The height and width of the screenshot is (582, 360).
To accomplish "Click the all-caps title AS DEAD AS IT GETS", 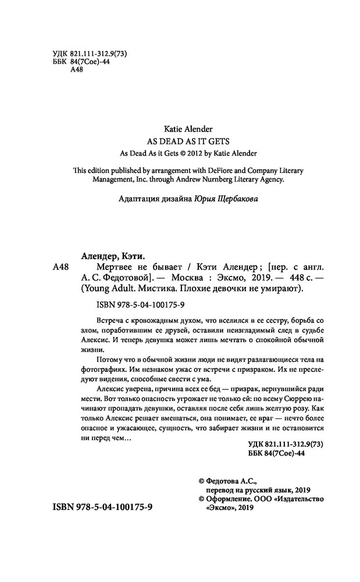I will click(x=180, y=141).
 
